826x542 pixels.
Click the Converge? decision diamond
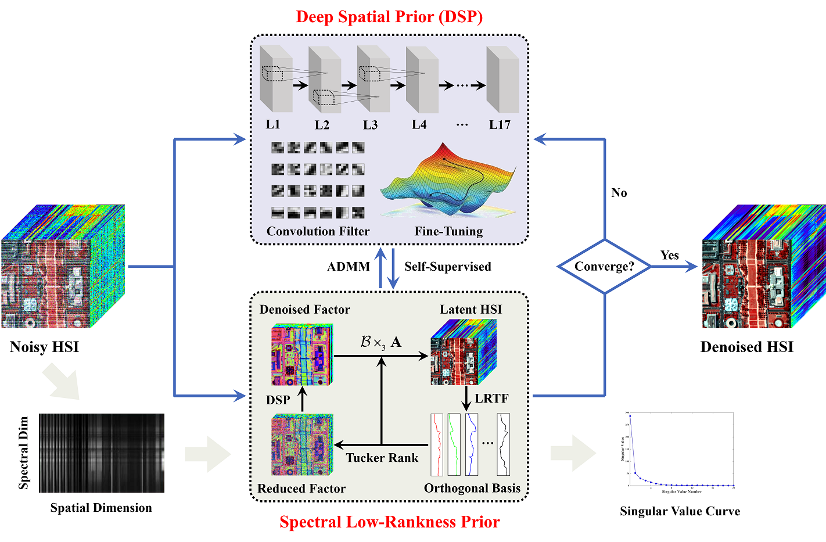[604, 267]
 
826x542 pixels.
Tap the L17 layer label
[500, 125]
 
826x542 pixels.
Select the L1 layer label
[273, 124]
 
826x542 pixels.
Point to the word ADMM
[349, 267]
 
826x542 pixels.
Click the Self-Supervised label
[447, 267]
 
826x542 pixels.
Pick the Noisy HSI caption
[44, 347]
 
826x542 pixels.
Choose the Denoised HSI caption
[746, 347]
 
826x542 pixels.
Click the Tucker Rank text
[382, 458]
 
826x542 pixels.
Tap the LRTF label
[491, 399]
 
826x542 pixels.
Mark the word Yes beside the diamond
[669, 255]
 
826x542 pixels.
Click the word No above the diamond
[619, 193]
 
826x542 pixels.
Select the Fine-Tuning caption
[448, 231]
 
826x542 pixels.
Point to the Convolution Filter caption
[318, 231]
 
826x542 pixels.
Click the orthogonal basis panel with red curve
[437, 444]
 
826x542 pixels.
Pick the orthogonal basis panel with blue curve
[472, 444]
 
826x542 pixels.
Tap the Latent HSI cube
[463, 353]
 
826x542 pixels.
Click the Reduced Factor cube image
[301, 444]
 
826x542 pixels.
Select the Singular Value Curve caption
[680, 511]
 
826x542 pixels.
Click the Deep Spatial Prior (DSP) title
[389, 16]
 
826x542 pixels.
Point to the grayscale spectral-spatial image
[102, 453]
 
